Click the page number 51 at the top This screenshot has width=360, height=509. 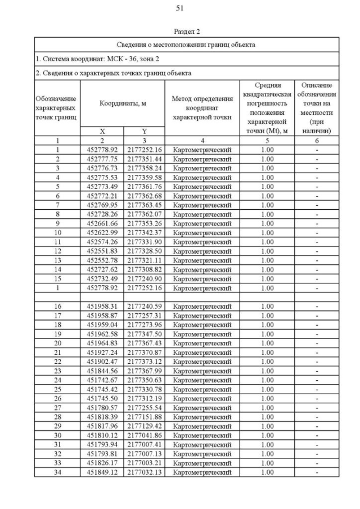[180, 8]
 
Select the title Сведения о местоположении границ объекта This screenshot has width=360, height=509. [187, 44]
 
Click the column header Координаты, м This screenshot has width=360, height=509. [123, 103]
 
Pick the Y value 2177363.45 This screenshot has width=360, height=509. [144, 205]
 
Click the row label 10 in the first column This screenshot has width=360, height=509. [57, 233]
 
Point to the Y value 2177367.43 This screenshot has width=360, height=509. [144, 343]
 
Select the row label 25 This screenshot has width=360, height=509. [57, 389]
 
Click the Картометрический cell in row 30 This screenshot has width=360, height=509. [202, 435]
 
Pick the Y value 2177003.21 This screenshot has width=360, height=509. [144, 463]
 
